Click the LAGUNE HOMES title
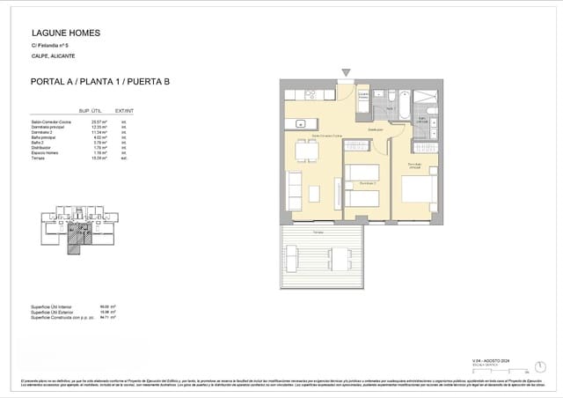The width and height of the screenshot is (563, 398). pyautogui.click(x=66, y=33)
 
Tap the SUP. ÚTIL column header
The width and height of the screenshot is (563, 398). pyautogui.click(x=91, y=111)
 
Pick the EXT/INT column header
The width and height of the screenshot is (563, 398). pyautogui.click(x=125, y=111)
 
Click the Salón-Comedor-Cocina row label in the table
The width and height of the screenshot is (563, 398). pyautogui.click(x=50, y=121)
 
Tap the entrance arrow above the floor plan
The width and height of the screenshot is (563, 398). pyautogui.click(x=347, y=71)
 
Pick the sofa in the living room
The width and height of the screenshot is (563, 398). pyautogui.click(x=295, y=191)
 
